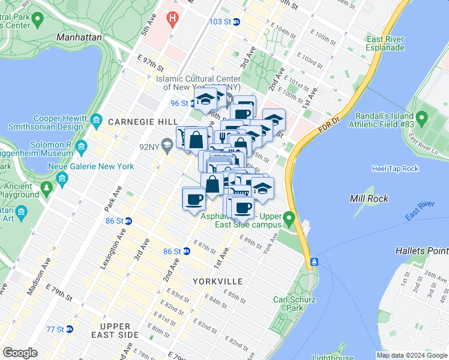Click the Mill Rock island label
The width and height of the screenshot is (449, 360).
pos(370,199)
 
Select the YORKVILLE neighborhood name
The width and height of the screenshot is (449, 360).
pos(217,281)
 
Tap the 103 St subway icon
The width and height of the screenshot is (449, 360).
pos(237,22)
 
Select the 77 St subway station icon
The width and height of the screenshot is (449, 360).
pos(69,329)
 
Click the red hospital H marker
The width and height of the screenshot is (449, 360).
pos(173,19)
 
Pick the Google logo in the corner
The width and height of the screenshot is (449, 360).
pos(20,353)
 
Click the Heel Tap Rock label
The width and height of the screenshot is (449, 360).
pos(394,169)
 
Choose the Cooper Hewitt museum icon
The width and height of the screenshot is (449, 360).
pos(96,123)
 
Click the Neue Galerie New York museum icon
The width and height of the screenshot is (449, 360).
pos(62,178)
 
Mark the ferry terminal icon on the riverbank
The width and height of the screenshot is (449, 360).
pos(313,263)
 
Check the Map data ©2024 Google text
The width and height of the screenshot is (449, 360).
pos(412,355)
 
